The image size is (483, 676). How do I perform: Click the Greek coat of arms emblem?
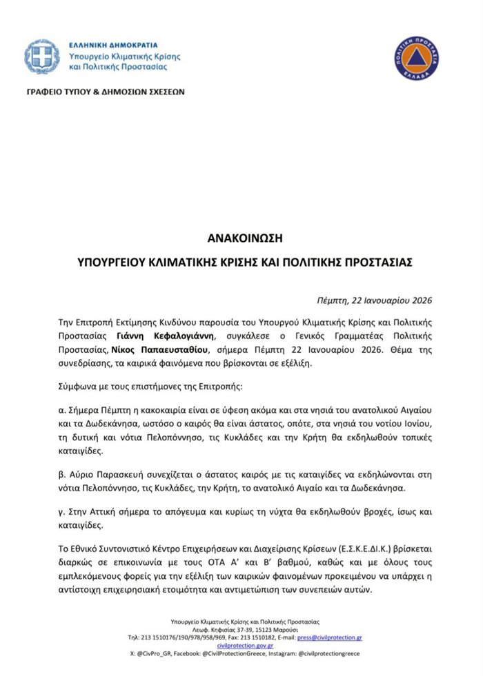pyautogui.click(x=41, y=57)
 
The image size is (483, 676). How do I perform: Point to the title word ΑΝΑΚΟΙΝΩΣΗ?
pyautogui.click(x=241, y=238)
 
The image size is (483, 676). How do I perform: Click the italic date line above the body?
pyautogui.click(x=375, y=300)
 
